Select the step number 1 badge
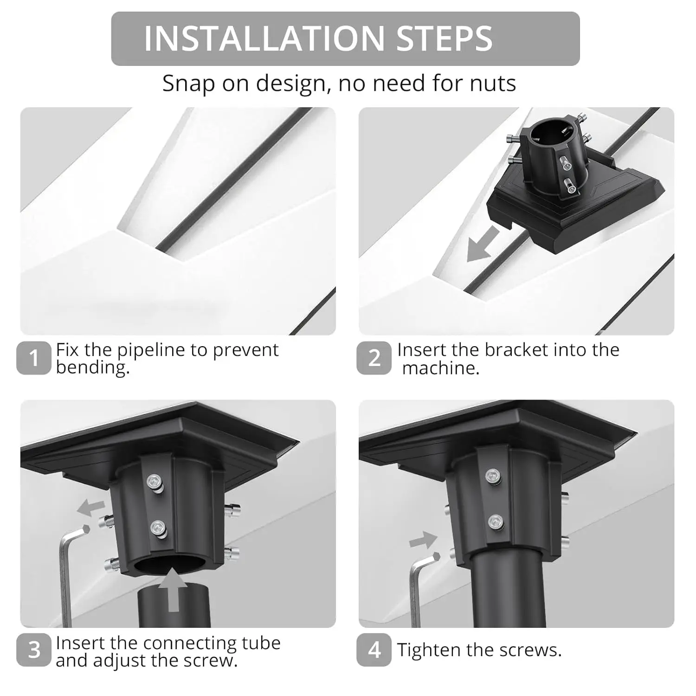[x=33, y=358]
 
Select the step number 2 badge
[x=374, y=358]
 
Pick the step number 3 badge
[x=33, y=650]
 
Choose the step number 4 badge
[x=374, y=650]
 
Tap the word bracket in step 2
[x=514, y=350]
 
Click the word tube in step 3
[x=261, y=643]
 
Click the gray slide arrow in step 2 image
[x=483, y=245]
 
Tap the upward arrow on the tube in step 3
[x=173, y=589]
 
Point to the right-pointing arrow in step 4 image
[x=423, y=540]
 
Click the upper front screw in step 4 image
[x=493, y=476]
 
